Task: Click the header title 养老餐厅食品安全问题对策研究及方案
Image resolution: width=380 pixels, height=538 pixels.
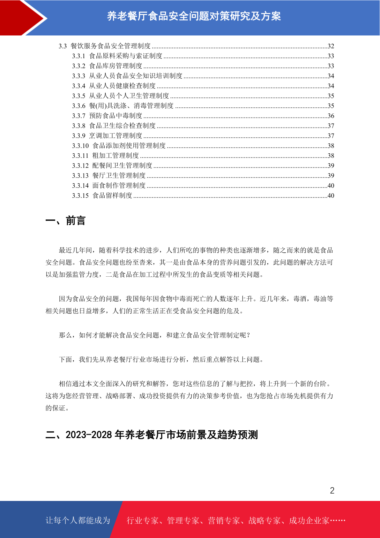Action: [194, 16]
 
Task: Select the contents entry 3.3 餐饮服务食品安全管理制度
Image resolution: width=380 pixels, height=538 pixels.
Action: [105, 46]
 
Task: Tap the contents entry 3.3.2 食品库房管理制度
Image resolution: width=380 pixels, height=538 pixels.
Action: [107, 66]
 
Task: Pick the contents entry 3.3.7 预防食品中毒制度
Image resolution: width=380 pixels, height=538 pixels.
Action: [107, 116]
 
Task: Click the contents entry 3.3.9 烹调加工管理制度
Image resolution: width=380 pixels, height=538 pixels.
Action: [107, 136]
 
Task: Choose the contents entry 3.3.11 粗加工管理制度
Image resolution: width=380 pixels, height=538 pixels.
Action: [106, 156]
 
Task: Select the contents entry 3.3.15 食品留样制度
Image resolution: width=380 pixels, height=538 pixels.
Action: [102, 196]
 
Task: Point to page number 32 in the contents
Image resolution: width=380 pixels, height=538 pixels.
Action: [331, 46]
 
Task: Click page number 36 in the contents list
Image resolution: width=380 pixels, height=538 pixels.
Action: [331, 116]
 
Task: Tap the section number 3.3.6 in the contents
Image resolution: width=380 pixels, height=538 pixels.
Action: [78, 106]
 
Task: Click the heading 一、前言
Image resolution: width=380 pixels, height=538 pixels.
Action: [65, 221]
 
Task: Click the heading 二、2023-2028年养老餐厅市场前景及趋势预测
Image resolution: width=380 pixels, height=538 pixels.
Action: [152, 435]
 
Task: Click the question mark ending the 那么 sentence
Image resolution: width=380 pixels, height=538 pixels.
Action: [249, 335]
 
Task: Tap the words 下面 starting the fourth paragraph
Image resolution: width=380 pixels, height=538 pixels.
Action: [66, 359]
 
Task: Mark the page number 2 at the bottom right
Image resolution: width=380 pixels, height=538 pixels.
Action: [332, 490]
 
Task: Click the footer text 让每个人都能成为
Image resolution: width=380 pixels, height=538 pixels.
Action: [78, 520]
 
